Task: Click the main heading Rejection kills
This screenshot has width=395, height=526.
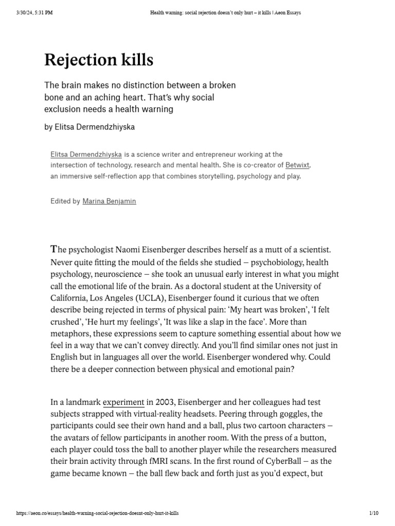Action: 99,60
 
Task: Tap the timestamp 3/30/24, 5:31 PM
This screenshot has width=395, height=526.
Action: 34,13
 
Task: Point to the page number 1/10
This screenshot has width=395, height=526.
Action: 373,513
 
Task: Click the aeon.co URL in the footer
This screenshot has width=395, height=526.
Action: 98,513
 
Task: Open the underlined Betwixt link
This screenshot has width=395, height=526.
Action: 298,165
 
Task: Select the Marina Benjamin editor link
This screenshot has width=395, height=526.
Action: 109,201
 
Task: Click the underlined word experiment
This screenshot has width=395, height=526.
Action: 123,402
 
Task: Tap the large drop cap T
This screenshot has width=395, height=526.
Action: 53,250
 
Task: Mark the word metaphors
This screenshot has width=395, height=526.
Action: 75,334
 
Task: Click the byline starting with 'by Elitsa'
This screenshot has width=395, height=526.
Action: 90,127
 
